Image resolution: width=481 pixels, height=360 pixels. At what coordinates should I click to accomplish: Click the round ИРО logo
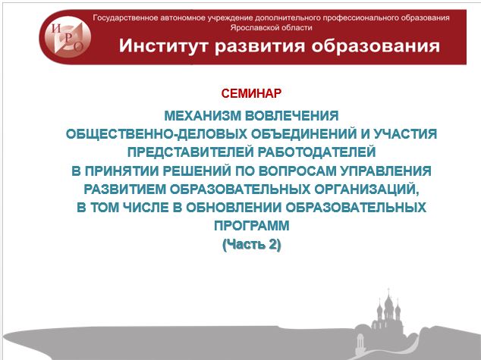68,37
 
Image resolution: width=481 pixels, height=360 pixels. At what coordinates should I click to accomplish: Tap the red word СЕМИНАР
251,93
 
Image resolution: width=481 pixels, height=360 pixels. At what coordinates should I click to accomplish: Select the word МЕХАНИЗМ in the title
203,116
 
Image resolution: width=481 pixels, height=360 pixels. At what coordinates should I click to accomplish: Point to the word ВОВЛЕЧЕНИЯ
292,116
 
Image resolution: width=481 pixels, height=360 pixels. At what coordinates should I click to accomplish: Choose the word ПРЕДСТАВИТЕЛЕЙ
190,152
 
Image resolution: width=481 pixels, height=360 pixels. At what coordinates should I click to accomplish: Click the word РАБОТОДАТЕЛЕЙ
316,152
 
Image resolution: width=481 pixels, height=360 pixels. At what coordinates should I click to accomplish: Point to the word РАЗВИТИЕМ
124,189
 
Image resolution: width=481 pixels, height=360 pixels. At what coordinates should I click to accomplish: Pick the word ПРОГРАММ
252,226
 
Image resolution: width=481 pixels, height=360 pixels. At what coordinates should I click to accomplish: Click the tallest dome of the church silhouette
388,303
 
